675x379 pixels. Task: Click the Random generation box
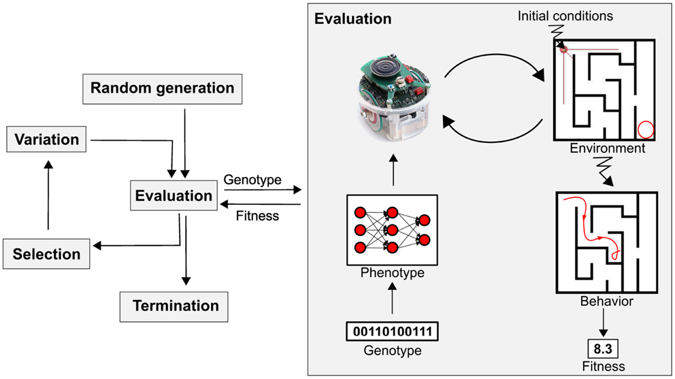click(x=162, y=88)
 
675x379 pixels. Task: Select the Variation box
click(x=47, y=139)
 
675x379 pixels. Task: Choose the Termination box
click(x=176, y=306)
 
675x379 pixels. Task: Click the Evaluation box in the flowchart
click(x=174, y=196)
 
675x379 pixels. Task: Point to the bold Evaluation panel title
click(x=352, y=18)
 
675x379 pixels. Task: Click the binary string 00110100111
click(x=393, y=331)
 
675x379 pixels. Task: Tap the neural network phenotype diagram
click(x=393, y=231)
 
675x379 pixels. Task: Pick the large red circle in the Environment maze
click(x=644, y=128)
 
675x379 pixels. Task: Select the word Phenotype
click(x=393, y=274)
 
